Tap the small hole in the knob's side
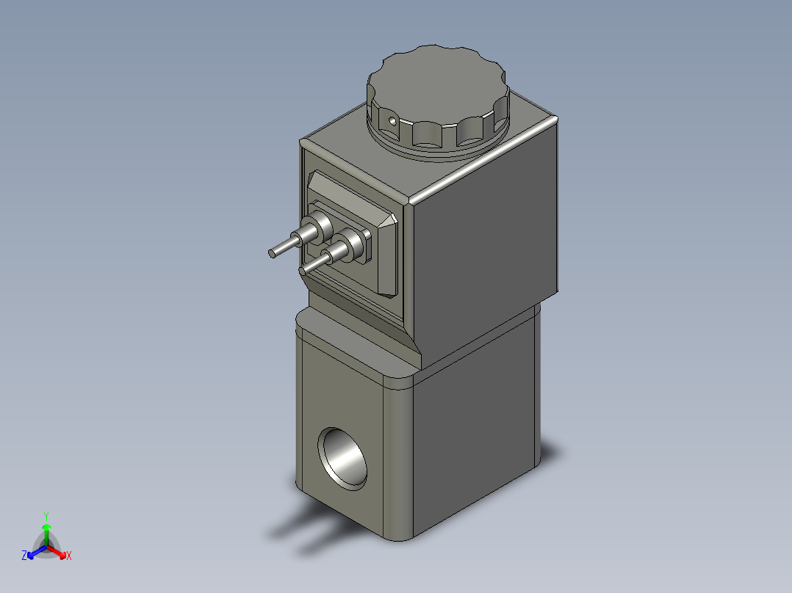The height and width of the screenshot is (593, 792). coord(392,120)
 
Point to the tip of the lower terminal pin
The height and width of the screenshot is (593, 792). coord(303,271)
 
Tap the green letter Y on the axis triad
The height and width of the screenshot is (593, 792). coord(46,516)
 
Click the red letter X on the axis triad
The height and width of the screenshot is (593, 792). coord(68,556)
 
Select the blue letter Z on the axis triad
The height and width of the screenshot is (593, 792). coord(24,556)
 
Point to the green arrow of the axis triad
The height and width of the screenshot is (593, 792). coord(46,530)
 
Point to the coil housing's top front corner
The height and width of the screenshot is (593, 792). coord(409,199)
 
